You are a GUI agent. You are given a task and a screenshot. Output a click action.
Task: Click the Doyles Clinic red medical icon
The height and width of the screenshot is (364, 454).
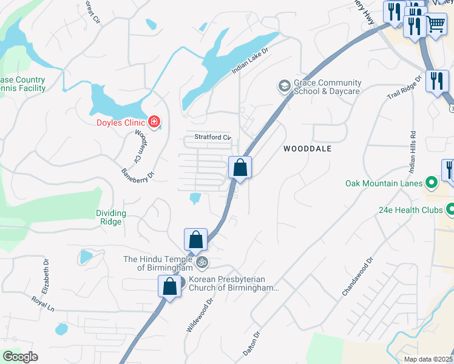click(154, 122)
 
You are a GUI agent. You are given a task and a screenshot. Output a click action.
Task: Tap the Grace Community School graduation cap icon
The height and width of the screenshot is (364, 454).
click(283, 87)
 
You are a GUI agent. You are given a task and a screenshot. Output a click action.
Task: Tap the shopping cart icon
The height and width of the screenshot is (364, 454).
click(436, 25)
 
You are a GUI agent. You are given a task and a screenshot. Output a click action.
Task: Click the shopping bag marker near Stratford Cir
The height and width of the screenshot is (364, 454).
click(240, 167)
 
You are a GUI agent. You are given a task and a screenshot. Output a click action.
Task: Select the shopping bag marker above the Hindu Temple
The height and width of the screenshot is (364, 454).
click(195, 240)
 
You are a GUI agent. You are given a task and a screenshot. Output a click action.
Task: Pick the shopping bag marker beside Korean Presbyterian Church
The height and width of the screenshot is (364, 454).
click(169, 286)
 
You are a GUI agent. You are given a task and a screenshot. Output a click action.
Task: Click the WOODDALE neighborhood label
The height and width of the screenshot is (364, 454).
click(307, 149)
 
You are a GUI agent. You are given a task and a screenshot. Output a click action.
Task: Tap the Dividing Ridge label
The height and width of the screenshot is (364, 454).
click(111, 217)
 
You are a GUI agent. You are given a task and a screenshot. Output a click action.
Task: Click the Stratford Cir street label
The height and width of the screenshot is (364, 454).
click(212, 137)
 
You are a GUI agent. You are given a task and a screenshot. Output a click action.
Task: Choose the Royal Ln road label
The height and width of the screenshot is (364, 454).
click(43, 304)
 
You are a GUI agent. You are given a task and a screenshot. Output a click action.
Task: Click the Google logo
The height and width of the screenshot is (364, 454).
click(20, 357)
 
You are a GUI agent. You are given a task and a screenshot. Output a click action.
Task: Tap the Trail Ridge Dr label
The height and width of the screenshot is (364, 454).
click(404, 89)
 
